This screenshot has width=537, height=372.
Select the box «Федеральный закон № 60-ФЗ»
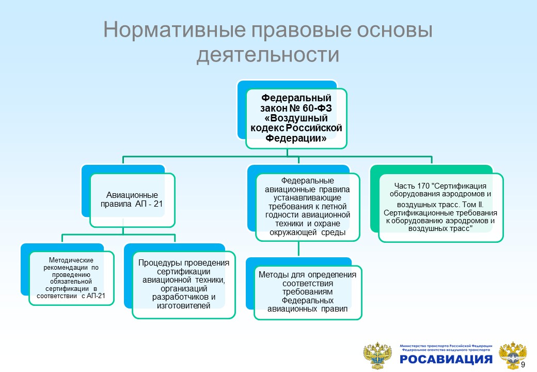296,118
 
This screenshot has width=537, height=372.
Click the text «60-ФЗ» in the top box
317,107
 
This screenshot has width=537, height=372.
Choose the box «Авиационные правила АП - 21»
132,200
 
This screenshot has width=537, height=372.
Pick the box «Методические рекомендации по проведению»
71,278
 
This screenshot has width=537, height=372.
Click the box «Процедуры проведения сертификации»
184,284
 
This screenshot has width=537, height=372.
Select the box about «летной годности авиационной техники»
308,207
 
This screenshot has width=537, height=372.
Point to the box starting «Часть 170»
441,207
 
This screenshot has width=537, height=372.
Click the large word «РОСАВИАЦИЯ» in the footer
446,360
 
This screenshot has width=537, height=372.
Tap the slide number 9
523,365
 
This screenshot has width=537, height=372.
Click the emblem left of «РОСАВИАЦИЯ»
378,355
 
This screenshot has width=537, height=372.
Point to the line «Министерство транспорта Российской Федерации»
446,345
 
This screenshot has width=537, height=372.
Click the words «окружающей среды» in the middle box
308,233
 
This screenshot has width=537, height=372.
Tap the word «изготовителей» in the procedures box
184,306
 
